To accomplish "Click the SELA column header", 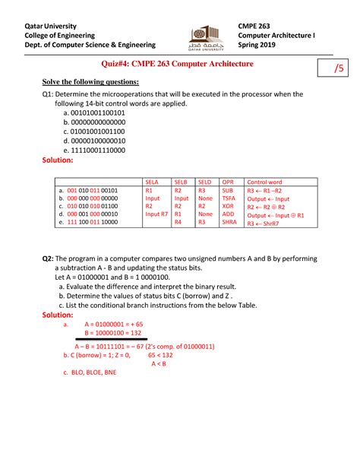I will coord(152,182).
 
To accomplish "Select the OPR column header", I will coord(227,182).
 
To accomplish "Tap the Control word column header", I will coord(264,182).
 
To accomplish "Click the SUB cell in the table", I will coord(227,190).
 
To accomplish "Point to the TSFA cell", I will coord(229,198).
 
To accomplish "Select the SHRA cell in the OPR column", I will coord(229,222).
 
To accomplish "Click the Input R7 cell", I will coord(156,214).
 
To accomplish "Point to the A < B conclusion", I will coord(159,363).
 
